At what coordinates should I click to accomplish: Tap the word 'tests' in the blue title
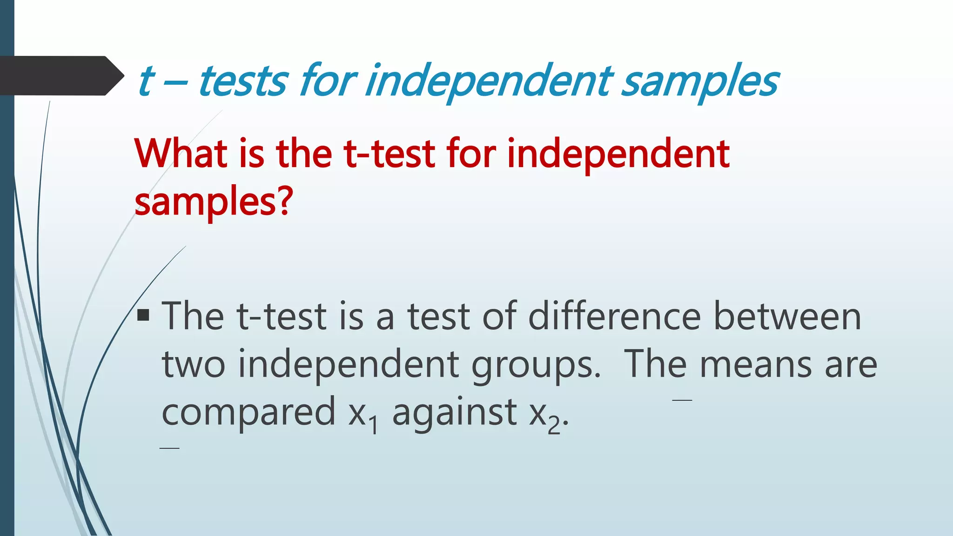click(x=243, y=81)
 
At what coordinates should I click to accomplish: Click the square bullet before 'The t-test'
click(x=143, y=316)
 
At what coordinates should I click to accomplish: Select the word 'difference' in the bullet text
click(x=614, y=316)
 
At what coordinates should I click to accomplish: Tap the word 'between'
click(x=787, y=316)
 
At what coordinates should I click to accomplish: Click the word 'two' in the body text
click(x=194, y=364)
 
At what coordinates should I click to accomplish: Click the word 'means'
click(x=756, y=364)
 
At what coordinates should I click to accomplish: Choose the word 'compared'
click(x=248, y=413)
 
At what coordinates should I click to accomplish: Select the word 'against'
click(x=454, y=413)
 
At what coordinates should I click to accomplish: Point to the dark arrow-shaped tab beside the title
click(x=60, y=76)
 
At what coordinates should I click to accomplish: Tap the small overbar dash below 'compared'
click(x=169, y=448)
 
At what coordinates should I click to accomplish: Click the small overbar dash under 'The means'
click(x=682, y=400)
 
